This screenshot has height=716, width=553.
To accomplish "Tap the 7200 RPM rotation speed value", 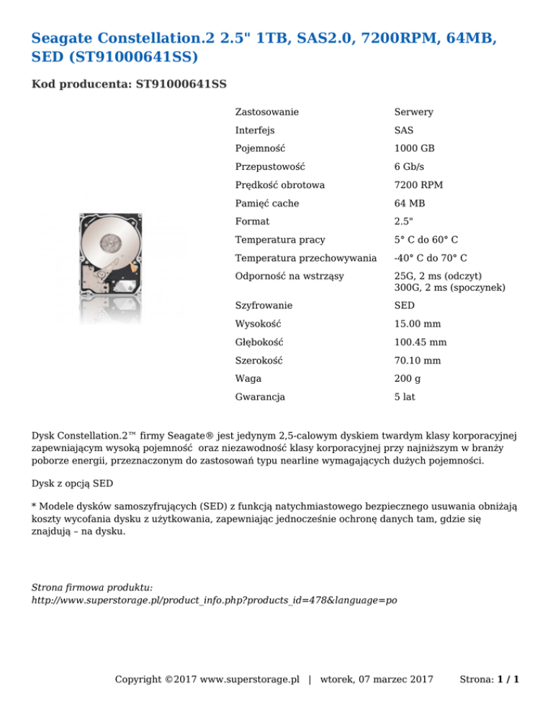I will tap(418, 185).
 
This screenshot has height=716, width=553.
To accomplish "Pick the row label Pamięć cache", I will tap(266, 204).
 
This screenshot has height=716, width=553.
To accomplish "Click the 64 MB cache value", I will tap(410, 204).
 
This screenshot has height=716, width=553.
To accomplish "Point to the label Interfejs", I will tap(254, 130).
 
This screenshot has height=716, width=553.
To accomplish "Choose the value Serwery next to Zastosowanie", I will tap(413, 112).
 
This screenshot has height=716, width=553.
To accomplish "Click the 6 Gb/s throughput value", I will tap(409, 167).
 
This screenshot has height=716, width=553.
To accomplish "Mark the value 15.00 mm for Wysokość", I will tap(418, 323).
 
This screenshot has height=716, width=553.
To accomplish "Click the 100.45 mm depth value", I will tap(421, 342).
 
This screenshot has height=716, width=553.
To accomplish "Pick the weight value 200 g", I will tap(408, 378).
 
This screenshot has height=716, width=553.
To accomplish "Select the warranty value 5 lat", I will tap(404, 397).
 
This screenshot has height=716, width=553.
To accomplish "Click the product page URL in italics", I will tap(215, 599).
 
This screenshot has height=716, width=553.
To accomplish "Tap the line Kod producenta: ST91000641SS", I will tap(130, 84).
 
